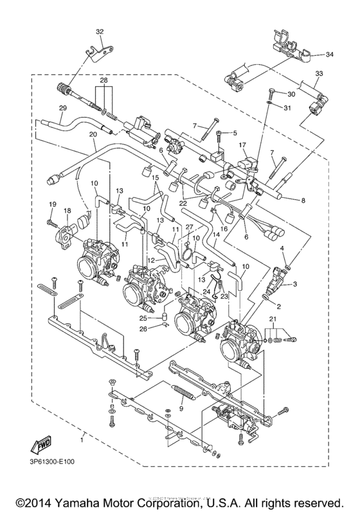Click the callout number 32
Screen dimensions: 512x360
pos(99,31)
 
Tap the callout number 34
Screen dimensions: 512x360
pos(330,54)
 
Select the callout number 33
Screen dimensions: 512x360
pos(319,74)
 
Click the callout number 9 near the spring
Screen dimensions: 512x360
pos(182,409)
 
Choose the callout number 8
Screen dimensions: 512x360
pos(303,200)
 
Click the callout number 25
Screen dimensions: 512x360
pos(144,317)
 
